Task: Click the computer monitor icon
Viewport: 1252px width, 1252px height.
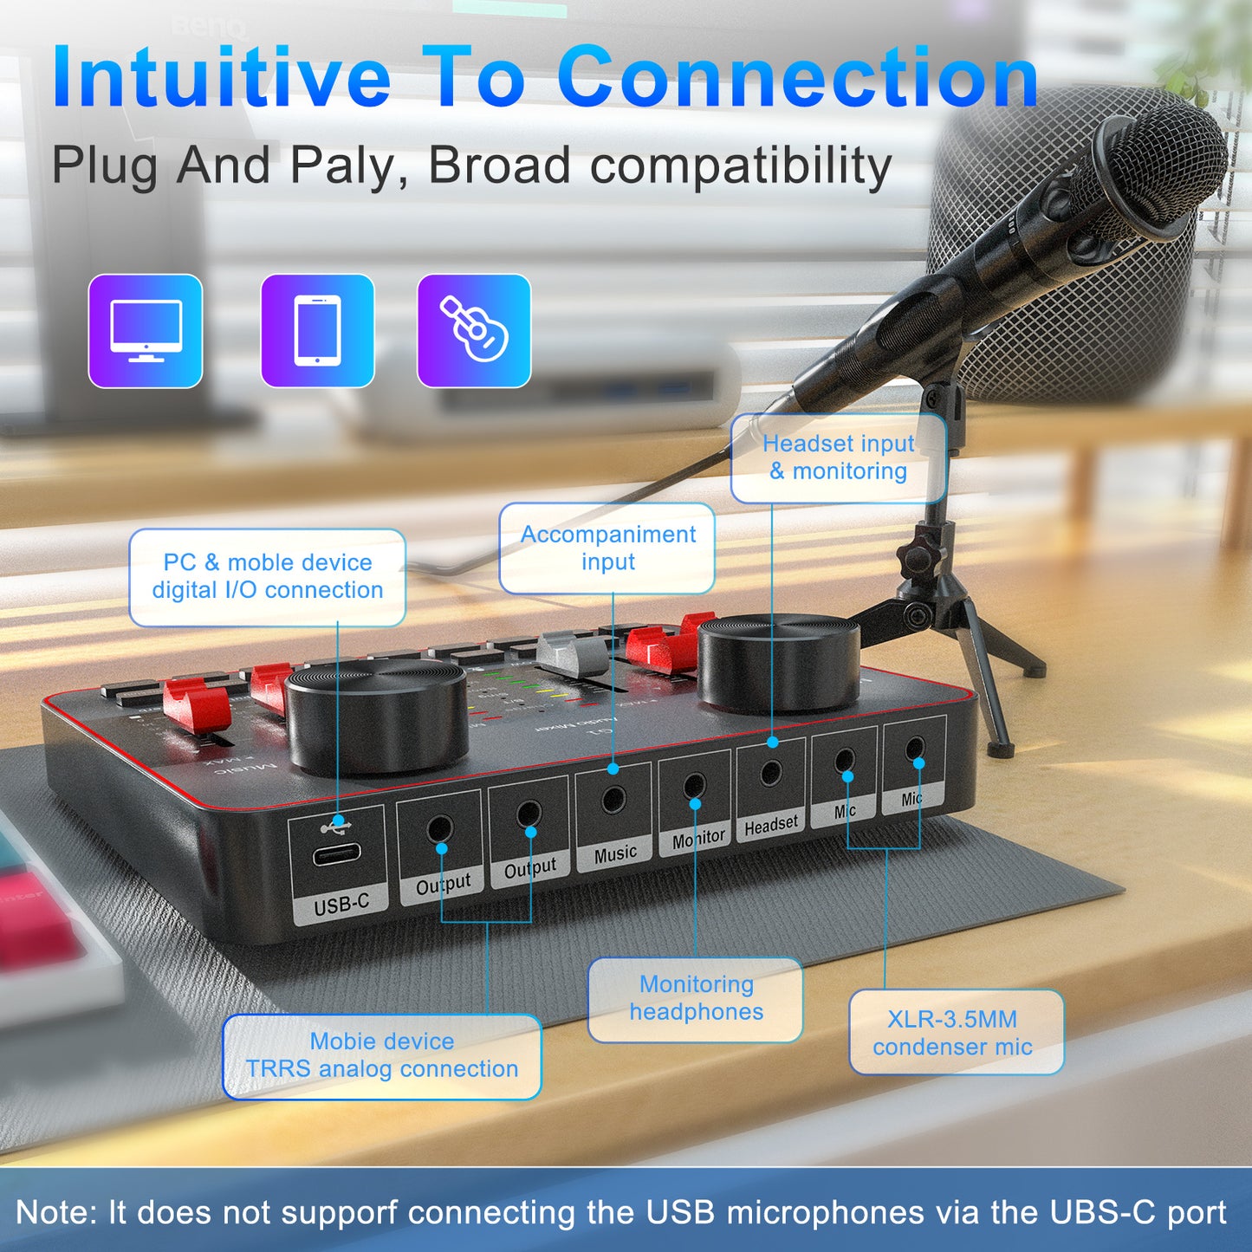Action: pos(146,331)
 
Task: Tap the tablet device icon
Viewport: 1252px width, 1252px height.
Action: pos(317,331)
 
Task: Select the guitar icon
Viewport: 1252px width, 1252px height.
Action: pos(474,331)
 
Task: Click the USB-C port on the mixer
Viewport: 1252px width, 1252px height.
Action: pos(337,855)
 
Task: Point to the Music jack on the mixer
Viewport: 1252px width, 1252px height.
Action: pos(613,798)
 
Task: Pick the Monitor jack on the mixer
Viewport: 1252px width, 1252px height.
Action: pos(694,787)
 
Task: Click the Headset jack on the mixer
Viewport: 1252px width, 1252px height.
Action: pos(770,773)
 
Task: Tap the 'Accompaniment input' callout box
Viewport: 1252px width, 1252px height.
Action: pos(607,548)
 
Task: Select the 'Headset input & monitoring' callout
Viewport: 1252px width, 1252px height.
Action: pos(838,457)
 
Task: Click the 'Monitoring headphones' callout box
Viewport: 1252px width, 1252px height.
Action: pos(696,998)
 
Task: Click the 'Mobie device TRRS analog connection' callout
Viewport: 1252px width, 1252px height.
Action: pos(382,1055)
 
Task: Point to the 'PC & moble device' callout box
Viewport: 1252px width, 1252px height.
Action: pos(268,577)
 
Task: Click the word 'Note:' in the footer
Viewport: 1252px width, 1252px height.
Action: pos(56,1212)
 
